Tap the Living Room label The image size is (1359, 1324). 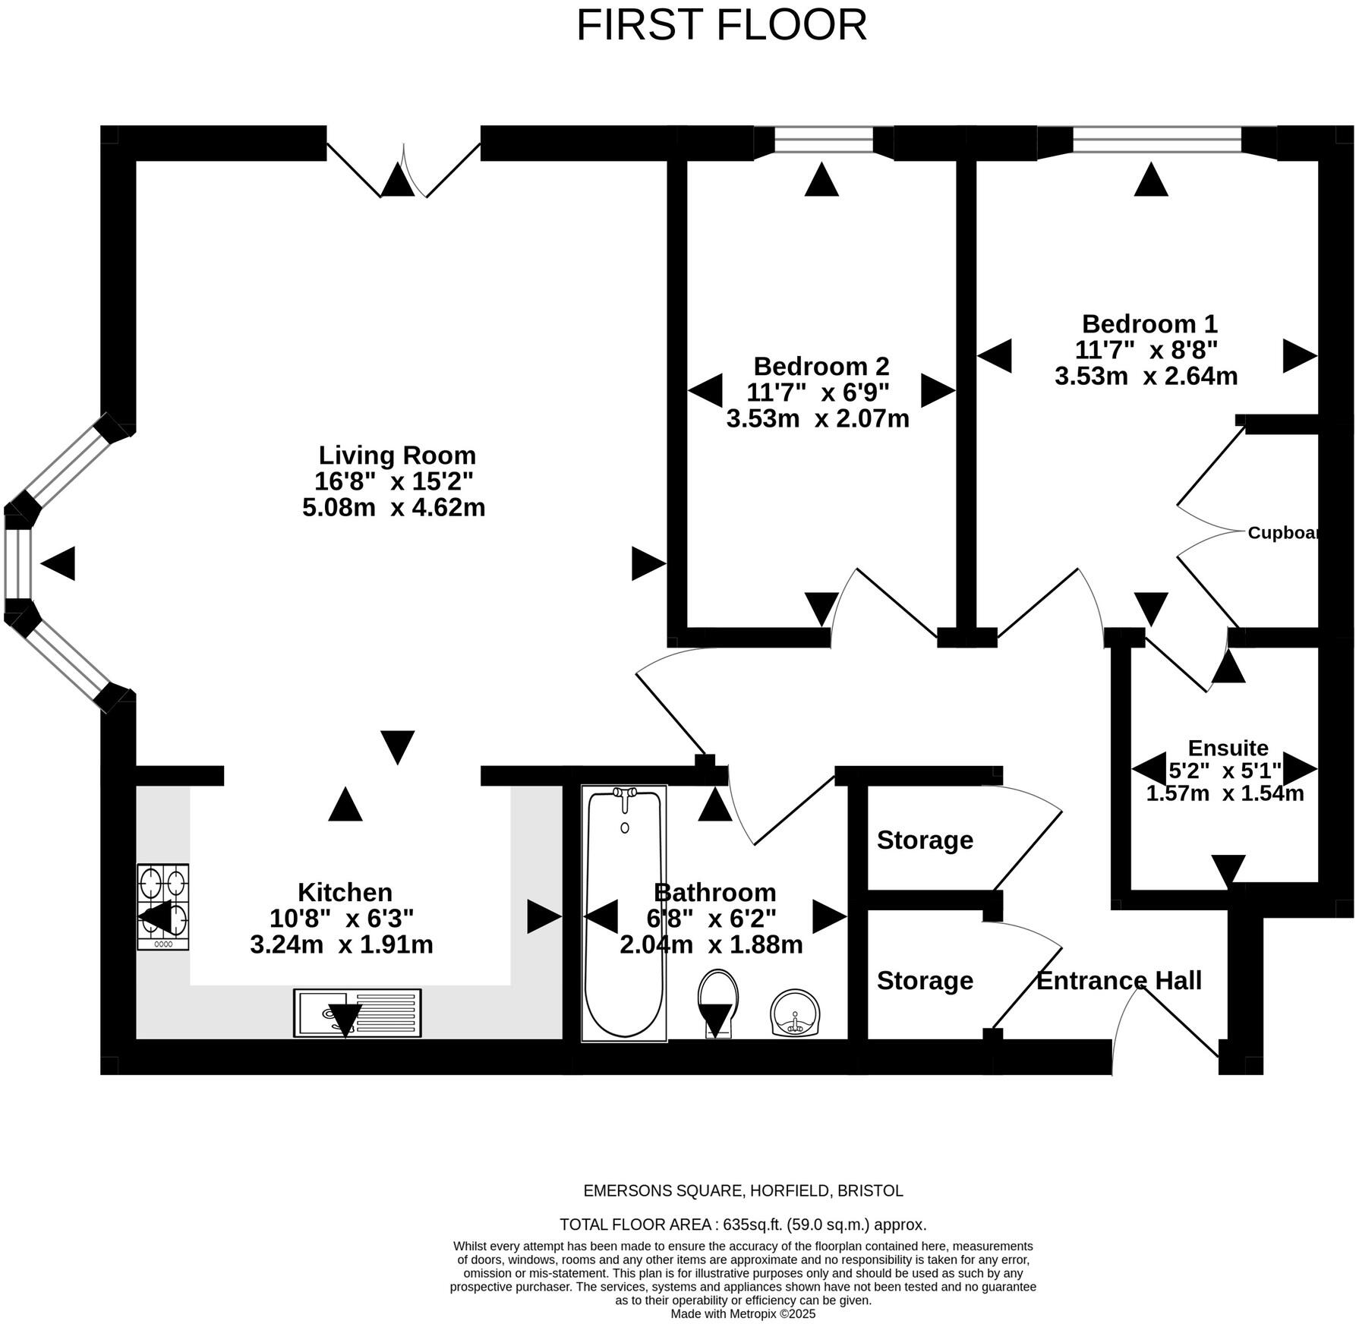(x=396, y=456)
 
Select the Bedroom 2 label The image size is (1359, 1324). (x=821, y=367)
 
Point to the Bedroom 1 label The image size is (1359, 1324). (x=1149, y=324)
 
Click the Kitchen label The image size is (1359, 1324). (x=345, y=892)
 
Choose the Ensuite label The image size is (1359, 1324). (x=1228, y=748)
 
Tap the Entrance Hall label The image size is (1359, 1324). (x=1118, y=981)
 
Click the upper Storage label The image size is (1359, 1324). (x=925, y=840)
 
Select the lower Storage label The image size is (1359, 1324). (x=925, y=981)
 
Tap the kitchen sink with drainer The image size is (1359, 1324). (x=357, y=1013)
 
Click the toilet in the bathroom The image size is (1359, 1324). (x=717, y=1002)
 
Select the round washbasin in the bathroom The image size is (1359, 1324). (x=795, y=1013)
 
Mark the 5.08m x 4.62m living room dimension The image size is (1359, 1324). (x=393, y=507)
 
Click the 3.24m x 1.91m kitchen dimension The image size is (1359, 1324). (x=342, y=945)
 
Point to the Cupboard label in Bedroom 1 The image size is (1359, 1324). (x=1283, y=533)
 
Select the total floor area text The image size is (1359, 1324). (x=743, y=1225)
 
